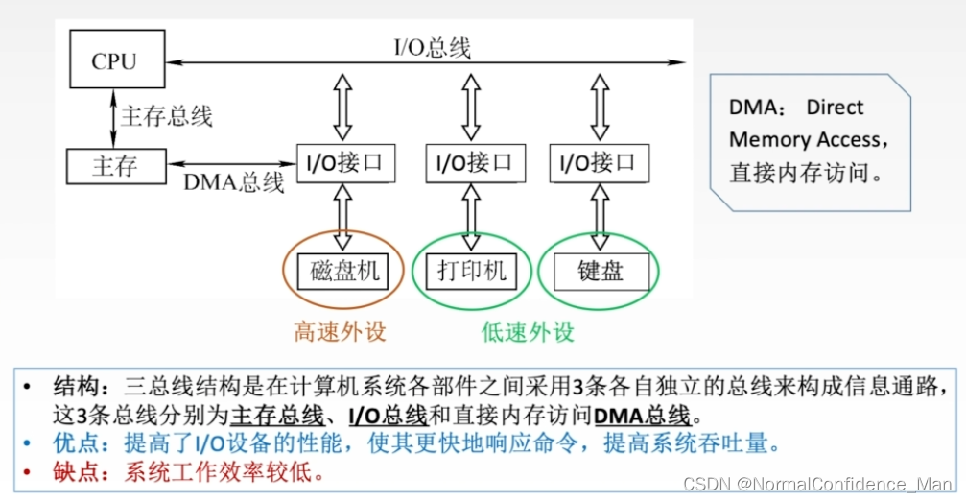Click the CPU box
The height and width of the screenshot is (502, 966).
point(114,61)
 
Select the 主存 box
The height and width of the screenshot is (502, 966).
point(114,165)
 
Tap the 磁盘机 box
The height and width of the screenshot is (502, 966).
point(344,271)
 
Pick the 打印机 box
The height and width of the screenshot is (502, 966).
point(471,271)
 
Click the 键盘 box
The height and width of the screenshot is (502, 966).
point(601,271)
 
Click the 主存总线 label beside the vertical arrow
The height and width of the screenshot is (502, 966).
point(166,116)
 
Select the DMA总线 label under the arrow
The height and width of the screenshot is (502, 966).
point(233,182)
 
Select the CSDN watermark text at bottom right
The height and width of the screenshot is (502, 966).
point(817,485)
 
